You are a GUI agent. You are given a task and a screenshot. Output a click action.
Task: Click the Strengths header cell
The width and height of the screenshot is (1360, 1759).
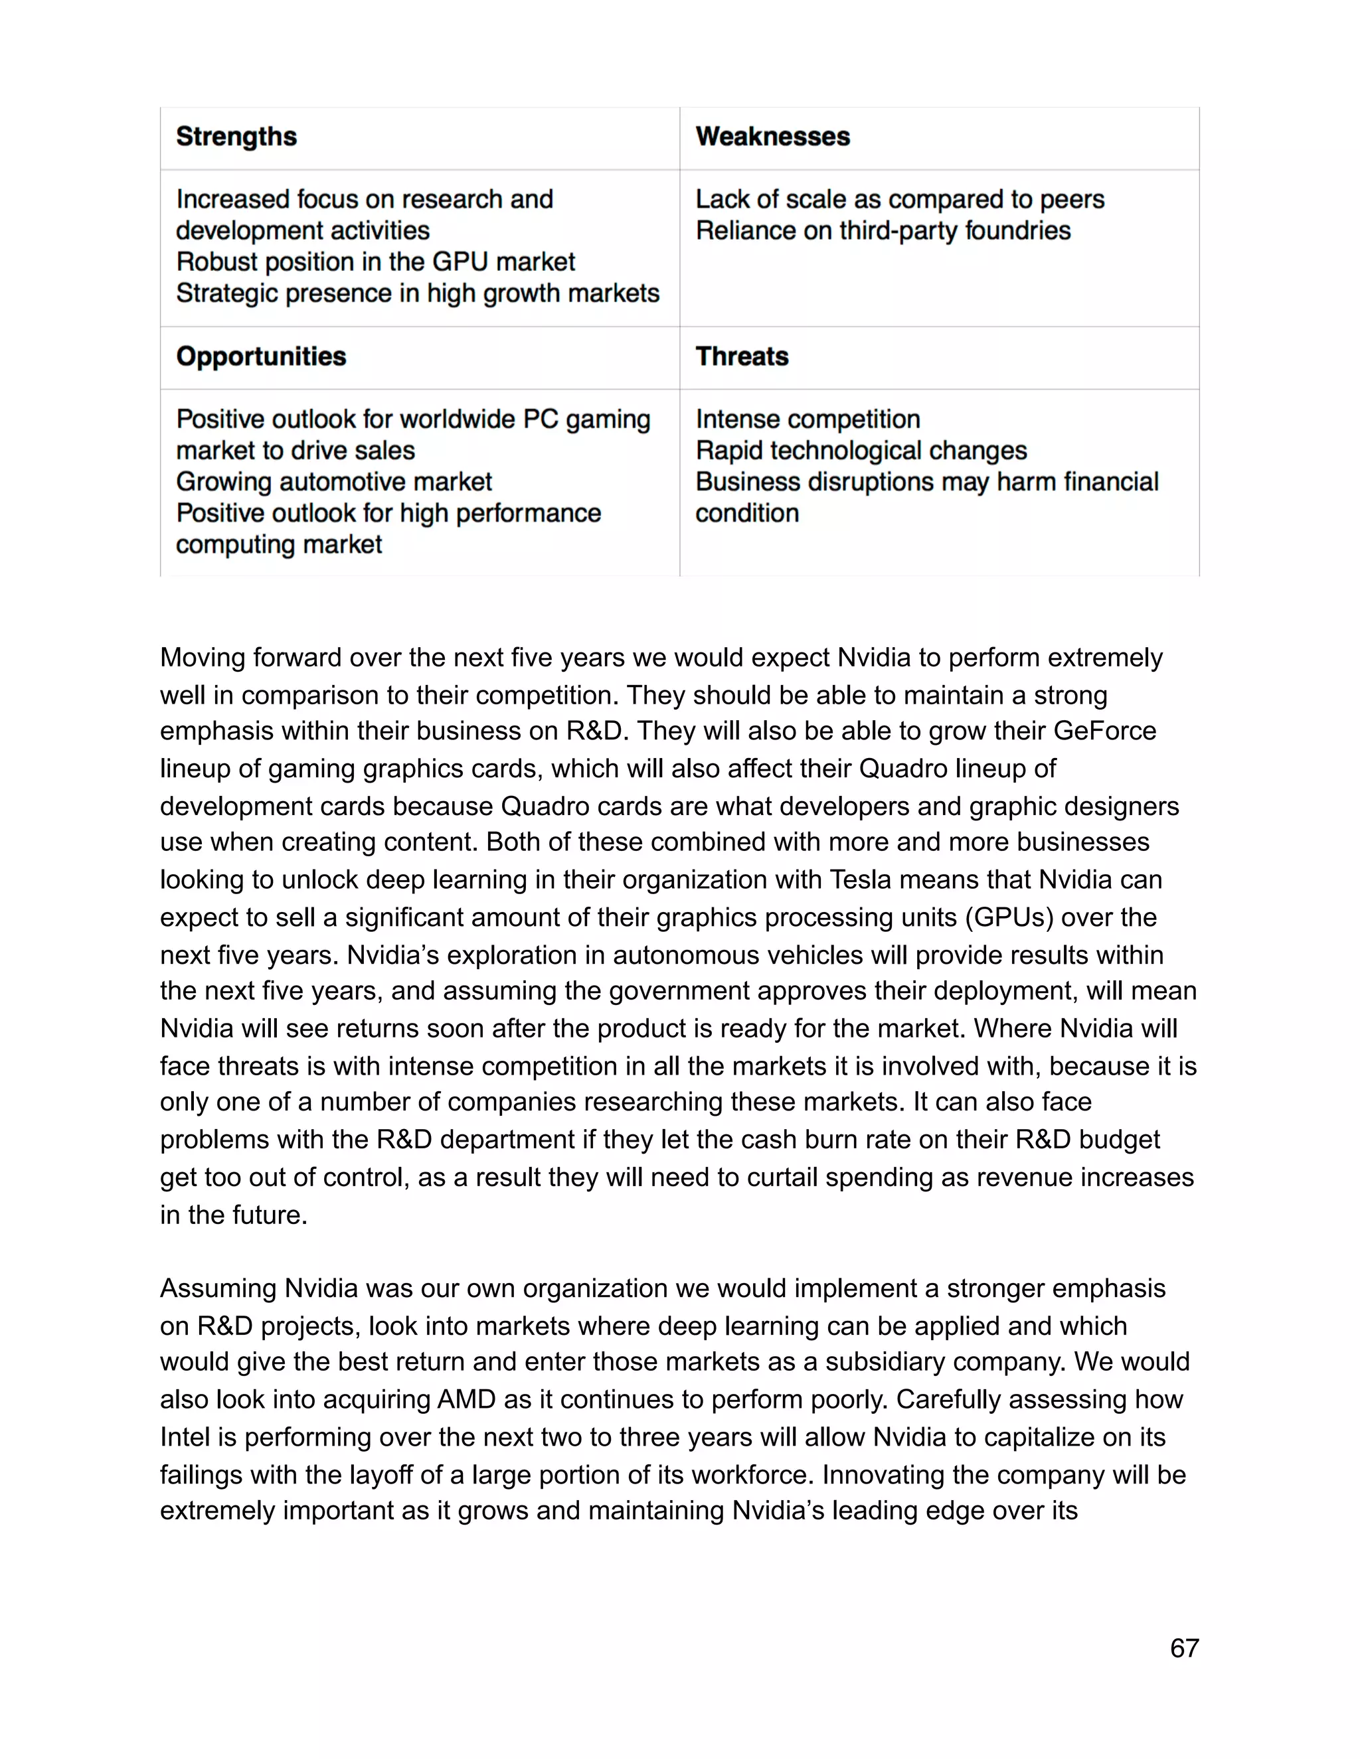pyautogui.click(x=236, y=137)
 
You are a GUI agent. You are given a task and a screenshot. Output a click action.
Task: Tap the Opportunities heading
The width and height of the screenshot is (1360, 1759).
pyautogui.click(x=261, y=357)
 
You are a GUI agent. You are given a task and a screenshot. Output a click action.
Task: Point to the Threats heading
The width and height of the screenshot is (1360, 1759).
pyautogui.click(x=741, y=357)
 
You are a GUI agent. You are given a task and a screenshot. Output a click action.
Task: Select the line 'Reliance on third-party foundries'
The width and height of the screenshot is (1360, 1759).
pyautogui.click(x=883, y=231)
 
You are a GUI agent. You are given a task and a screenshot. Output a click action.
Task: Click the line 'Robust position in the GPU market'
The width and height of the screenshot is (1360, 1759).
pyautogui.click(x=375, y=263)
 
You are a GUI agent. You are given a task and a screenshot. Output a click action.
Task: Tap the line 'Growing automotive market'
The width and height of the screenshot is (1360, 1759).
pyautogui.click(x=333, y=483)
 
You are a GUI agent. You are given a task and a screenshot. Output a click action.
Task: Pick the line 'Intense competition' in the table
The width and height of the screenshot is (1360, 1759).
pyautogui.click(x=807, y=420)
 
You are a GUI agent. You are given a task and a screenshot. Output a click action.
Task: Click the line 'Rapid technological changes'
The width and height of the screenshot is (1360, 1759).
pyautogui.click(x=861, y=451)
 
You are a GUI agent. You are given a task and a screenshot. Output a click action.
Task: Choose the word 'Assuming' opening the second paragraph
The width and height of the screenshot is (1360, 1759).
pyautogui.click(x=218, y=1288)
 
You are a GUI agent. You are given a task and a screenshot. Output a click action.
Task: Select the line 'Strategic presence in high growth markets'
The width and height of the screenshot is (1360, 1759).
pyautogui.click(x=417, y=294)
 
